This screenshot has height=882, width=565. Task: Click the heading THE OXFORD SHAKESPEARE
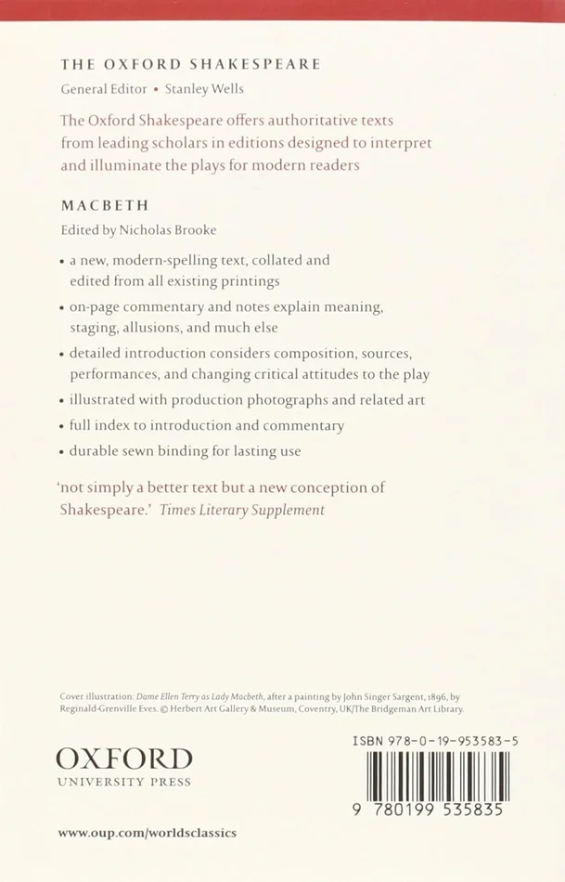(190, 64)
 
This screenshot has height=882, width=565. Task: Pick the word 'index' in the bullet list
(119, 425)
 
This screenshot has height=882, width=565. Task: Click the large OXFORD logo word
(124, 759)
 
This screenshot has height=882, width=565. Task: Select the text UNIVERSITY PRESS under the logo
(124, 782)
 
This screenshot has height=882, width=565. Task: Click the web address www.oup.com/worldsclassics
(148, 833)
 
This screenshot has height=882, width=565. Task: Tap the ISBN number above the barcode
(436, 739)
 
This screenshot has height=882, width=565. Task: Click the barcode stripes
(437, 775)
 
